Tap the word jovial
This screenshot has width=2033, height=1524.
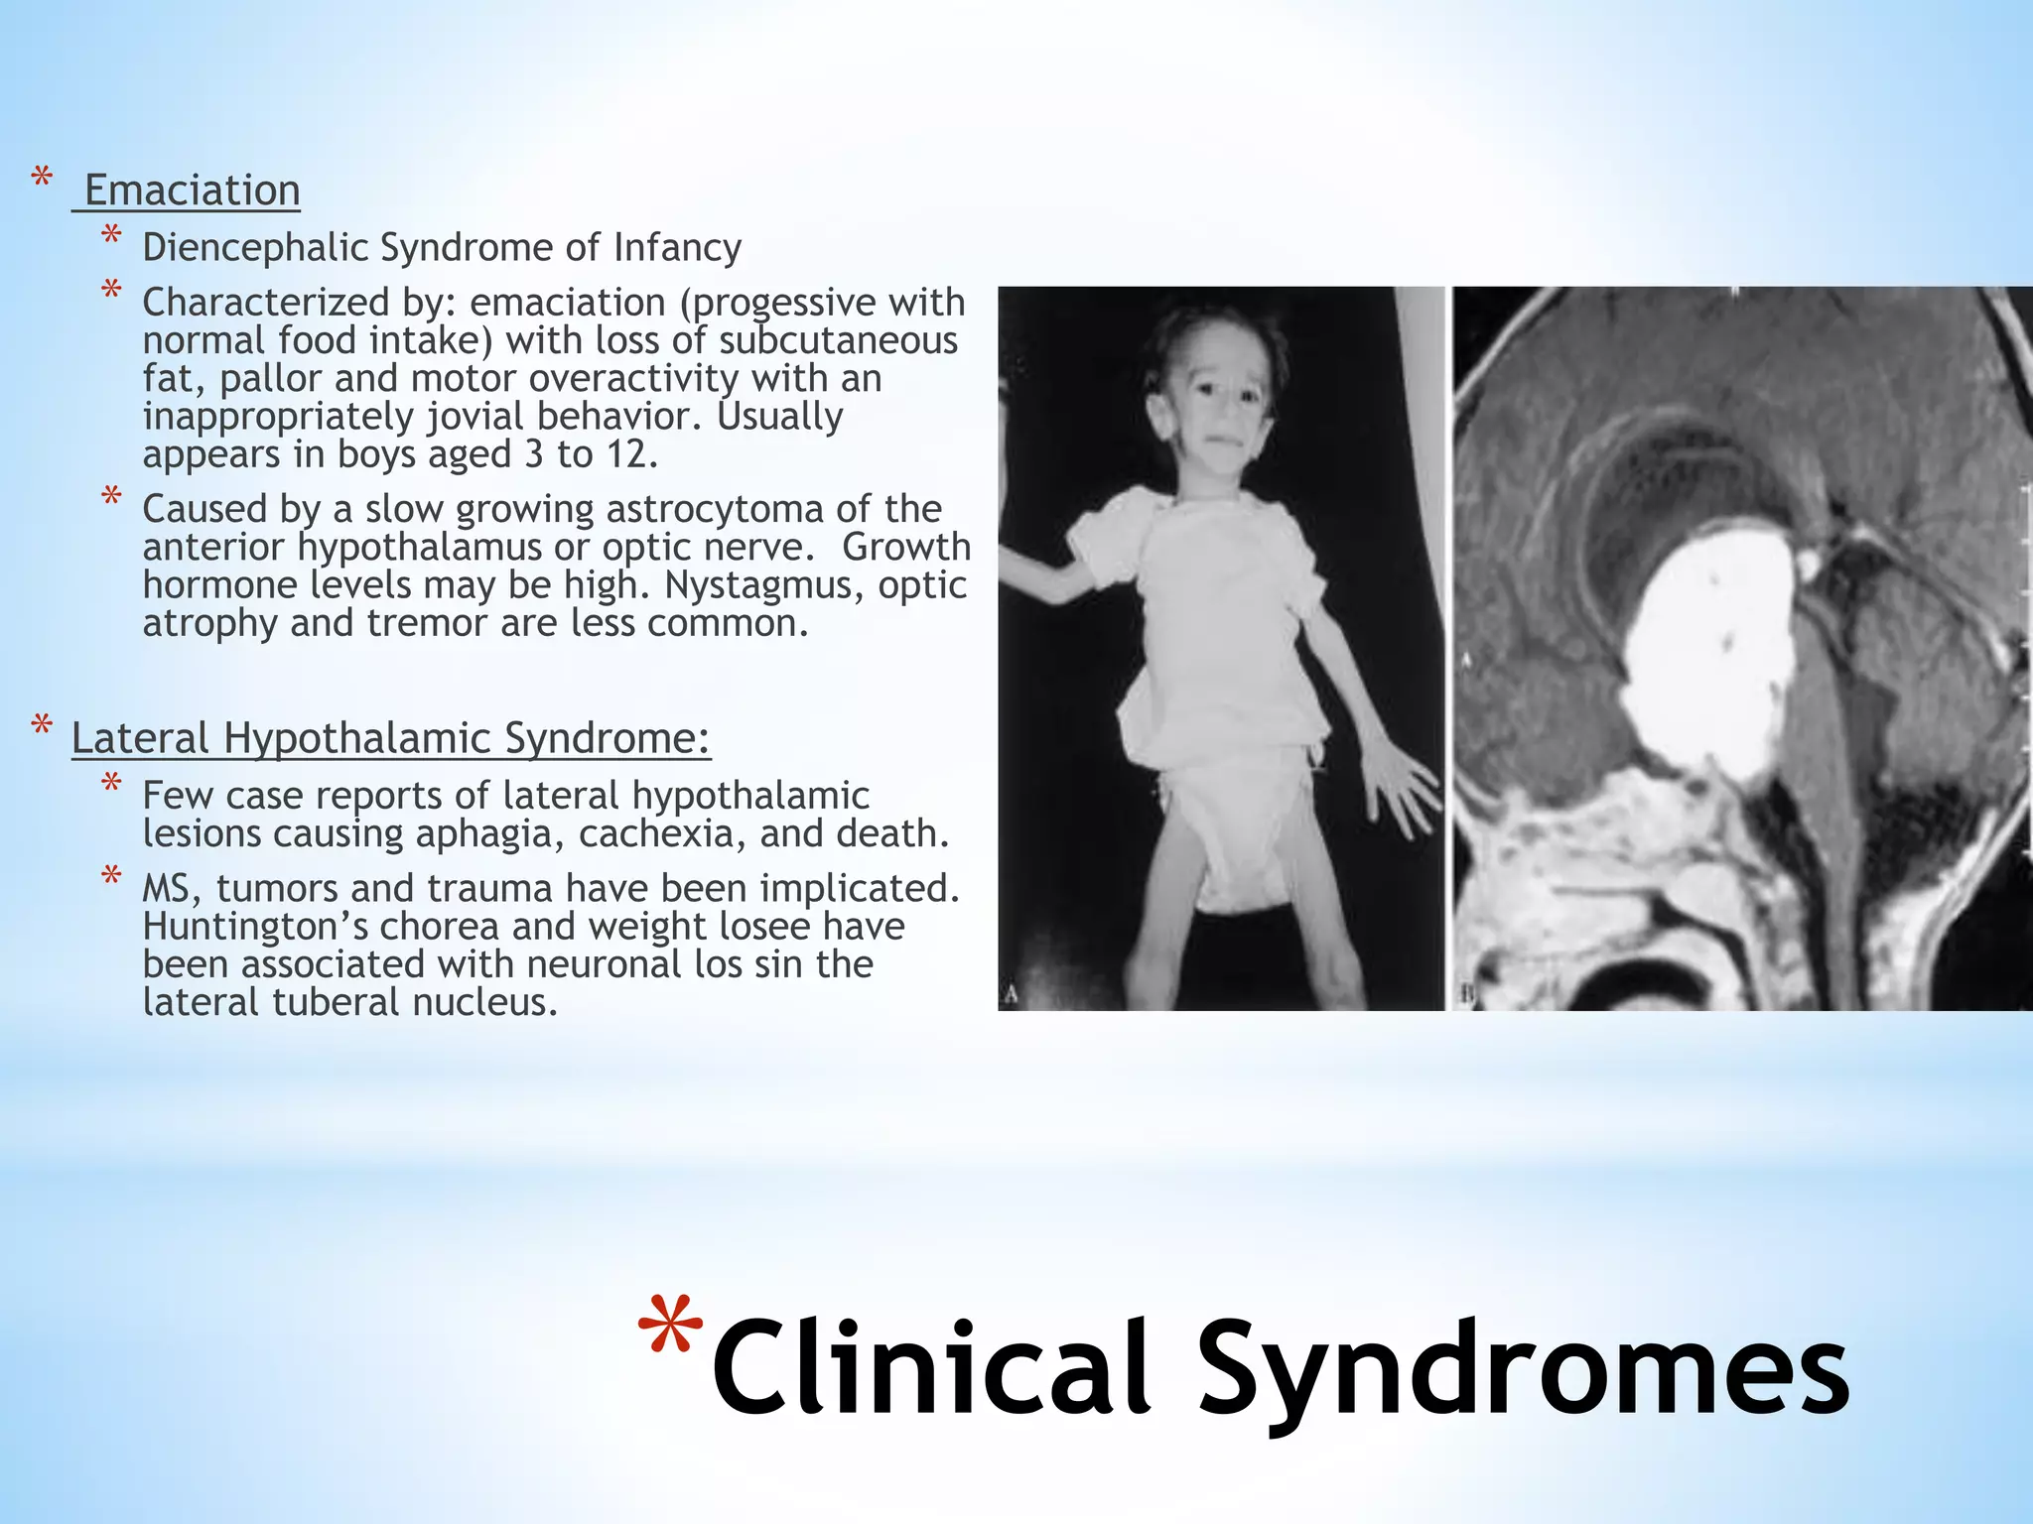click(476, 416)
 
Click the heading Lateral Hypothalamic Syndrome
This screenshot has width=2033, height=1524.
click(391, 738)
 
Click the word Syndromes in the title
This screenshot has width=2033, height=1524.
click(1524, 1369)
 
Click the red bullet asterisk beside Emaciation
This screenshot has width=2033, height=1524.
click(42, 179)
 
